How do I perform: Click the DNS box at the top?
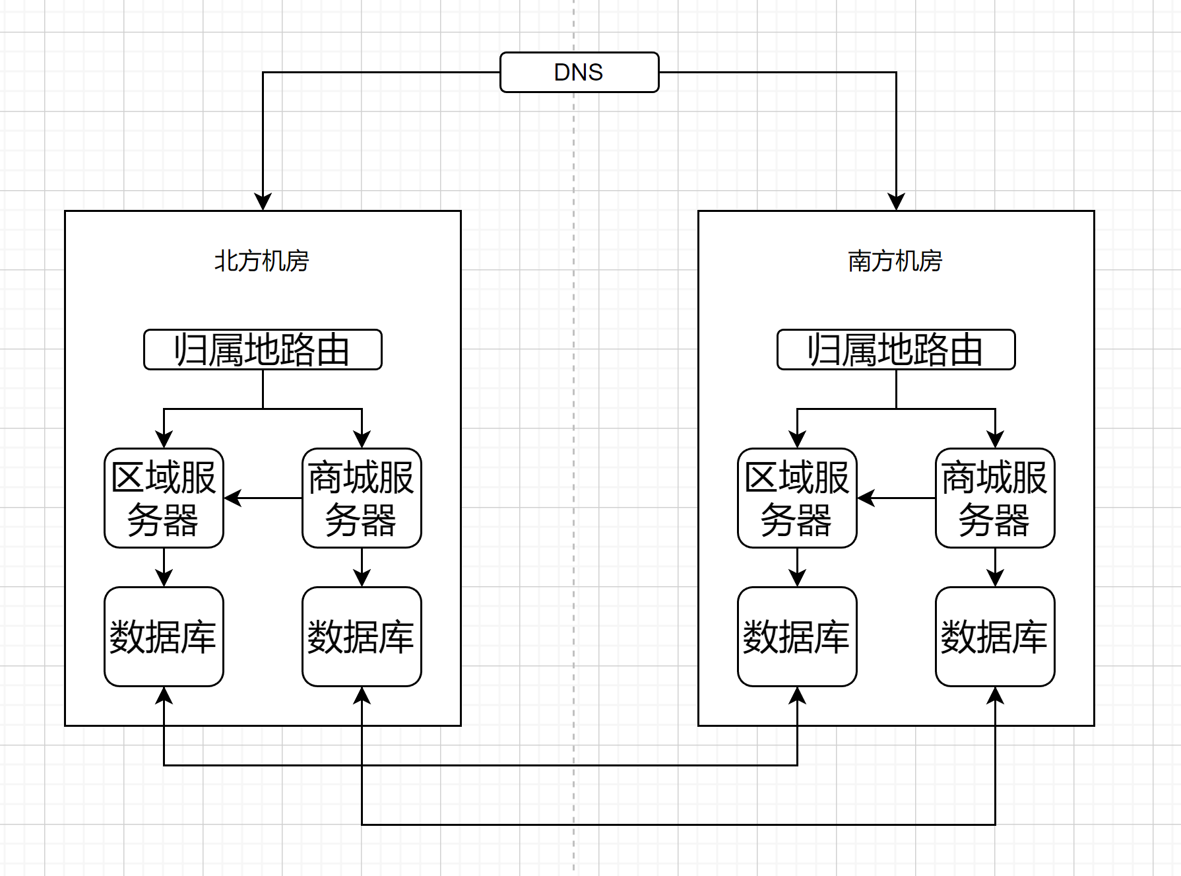[x=579, y=72]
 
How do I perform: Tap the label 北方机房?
[x=261, y=261]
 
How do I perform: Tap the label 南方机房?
[x=895, y=261]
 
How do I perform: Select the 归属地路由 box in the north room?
[x=262, y=349]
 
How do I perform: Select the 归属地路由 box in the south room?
[x=895, y=349]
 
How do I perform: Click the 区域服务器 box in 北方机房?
[x=164, y=498]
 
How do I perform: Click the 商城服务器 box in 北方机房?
[x=361, y=498]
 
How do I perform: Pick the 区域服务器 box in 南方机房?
[x=796, y=498]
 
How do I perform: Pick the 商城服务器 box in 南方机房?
[x=994, y=498]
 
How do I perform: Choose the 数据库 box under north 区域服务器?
[x=164, y=636]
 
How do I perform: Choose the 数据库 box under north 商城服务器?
[x=361, y=636]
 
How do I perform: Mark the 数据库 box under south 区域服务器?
[x=796, y=636]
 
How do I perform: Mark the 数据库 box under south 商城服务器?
[x=994, y=636]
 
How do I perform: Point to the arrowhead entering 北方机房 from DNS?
[x=263, y=202]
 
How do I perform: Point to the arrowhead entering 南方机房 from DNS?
[x=896, y=202]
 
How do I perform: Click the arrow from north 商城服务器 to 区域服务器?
[x=264, y=498]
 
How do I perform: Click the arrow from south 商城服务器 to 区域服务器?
[x=897, y=498]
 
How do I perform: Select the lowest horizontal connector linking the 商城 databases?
[x=678, y=825]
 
